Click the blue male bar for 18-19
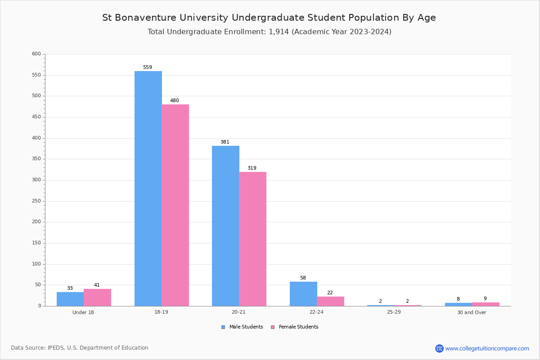click(x=148, y=189)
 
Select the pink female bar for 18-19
click(x=175, y=205)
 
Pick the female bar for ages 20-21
click(x=253, y=239)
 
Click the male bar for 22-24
click(x=303, y=294)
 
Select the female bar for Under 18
click(x=97, y=297)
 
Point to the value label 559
click(x=148, y=67)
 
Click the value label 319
click(x=252, y=168)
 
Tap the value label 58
click(x=303, y=278)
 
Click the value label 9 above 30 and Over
click(x=485, y=299)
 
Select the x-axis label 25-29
click(x=394, y=312)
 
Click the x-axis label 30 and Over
click(x=472, y=312)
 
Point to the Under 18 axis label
click(x=83, y=312)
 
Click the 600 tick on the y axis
click(x=36, y=54)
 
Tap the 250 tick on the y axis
click(x=36, y=201)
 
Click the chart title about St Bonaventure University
click(x=269, y=18)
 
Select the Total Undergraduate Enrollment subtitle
click(x=269, y=32)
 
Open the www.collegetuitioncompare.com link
click(x=487, y=348)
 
